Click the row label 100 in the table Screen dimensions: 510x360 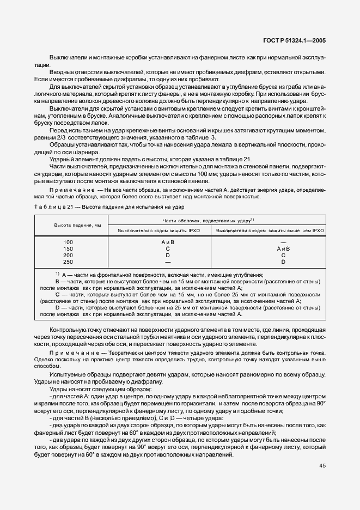coord(68,241)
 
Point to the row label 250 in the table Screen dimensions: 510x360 coord(68,262)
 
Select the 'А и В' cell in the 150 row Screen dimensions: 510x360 coord(283,248)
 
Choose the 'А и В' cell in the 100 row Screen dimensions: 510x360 coord(168,241)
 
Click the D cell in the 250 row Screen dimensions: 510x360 coord(283,262)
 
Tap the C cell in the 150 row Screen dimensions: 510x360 coord(168,248)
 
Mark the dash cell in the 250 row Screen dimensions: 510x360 coord(168,262)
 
